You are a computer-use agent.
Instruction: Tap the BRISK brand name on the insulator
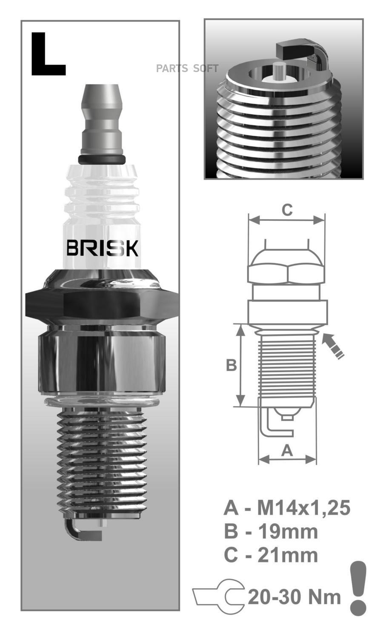102,248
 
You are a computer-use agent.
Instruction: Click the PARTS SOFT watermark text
187,69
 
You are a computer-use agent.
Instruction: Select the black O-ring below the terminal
102,159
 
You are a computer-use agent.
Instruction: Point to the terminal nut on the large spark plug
102,119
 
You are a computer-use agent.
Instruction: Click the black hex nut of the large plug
102,304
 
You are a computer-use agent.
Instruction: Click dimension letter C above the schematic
287,210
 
